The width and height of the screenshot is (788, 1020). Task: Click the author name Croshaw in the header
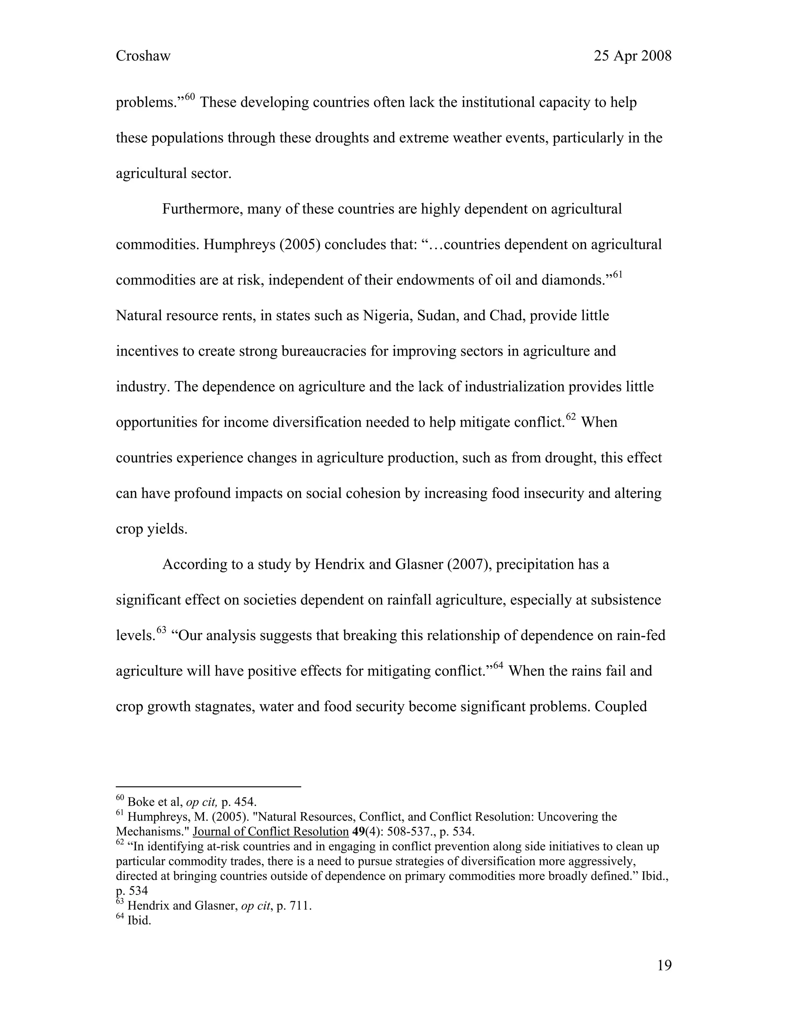tap(143, 56)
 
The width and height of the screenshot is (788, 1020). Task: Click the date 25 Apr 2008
tap(632, 56)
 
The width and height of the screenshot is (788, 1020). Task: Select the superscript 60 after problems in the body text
tap(190, 97)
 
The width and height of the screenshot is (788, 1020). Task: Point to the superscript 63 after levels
tap(161, 630)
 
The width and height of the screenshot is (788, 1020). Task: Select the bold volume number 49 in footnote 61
tap(359, 832)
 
